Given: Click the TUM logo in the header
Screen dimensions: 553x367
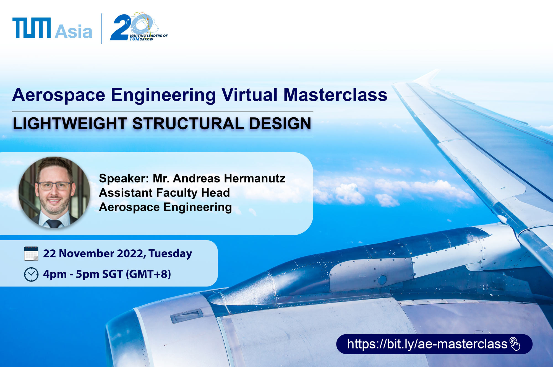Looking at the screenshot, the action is [32, 28].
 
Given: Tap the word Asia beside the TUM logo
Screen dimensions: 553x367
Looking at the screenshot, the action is [74, 31].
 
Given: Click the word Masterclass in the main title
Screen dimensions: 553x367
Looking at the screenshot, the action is [335, 95].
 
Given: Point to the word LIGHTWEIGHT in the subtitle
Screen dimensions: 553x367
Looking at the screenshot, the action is [70, 123].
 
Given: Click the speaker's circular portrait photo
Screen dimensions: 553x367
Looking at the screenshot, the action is [54, 193].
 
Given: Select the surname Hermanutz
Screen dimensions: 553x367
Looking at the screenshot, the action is [254, 179].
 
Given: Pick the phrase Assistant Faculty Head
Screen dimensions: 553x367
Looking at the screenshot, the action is [164, 193].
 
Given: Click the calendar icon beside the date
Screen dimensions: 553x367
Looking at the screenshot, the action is [31, 254].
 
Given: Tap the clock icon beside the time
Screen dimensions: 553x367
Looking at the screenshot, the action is [31, 275].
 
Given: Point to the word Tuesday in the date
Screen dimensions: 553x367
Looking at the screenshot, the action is [170, 254].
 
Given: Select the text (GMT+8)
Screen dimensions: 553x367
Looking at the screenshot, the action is [148, 274].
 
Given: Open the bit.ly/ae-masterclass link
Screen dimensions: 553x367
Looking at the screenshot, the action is [427, 344].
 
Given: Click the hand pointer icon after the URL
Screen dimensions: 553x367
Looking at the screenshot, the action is [515, 344].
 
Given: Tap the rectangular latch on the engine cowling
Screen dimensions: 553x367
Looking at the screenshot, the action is [187, 316].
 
